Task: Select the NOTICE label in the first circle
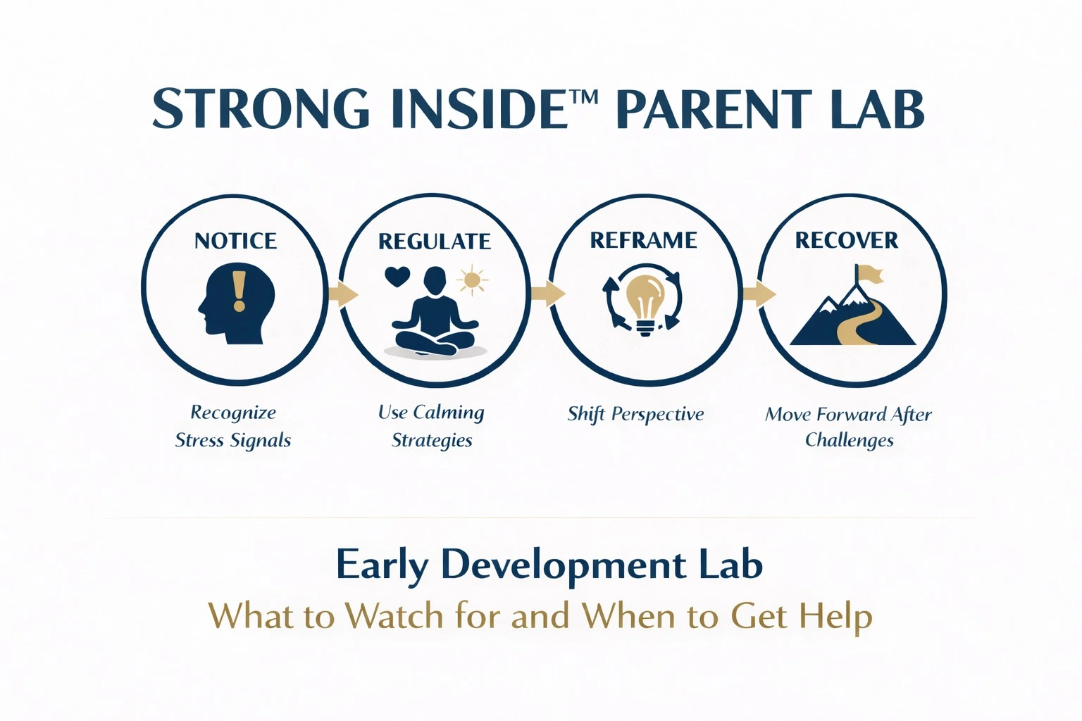pyautogui.click(x=235, y=241)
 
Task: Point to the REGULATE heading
pyautogui.click(x=434, y=242)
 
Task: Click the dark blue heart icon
pyautogui.click(x=397, y=277)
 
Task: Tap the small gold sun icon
pyautogui.click(x=472, y=280)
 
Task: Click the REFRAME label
pyautogui.click(x=643, y=240)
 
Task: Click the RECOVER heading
pyautogui.click(x=846, y=240)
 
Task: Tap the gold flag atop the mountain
pyautogui.click(x=869, y=275)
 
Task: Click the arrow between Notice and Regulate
pyautogui.click(x=344, y=294)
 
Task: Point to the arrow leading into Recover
pyautogui.click(x=759, y=294)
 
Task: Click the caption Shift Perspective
pyautogui.click(x=635, y=414)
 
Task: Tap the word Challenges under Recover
pyautogui.click(x=849, y=441)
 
